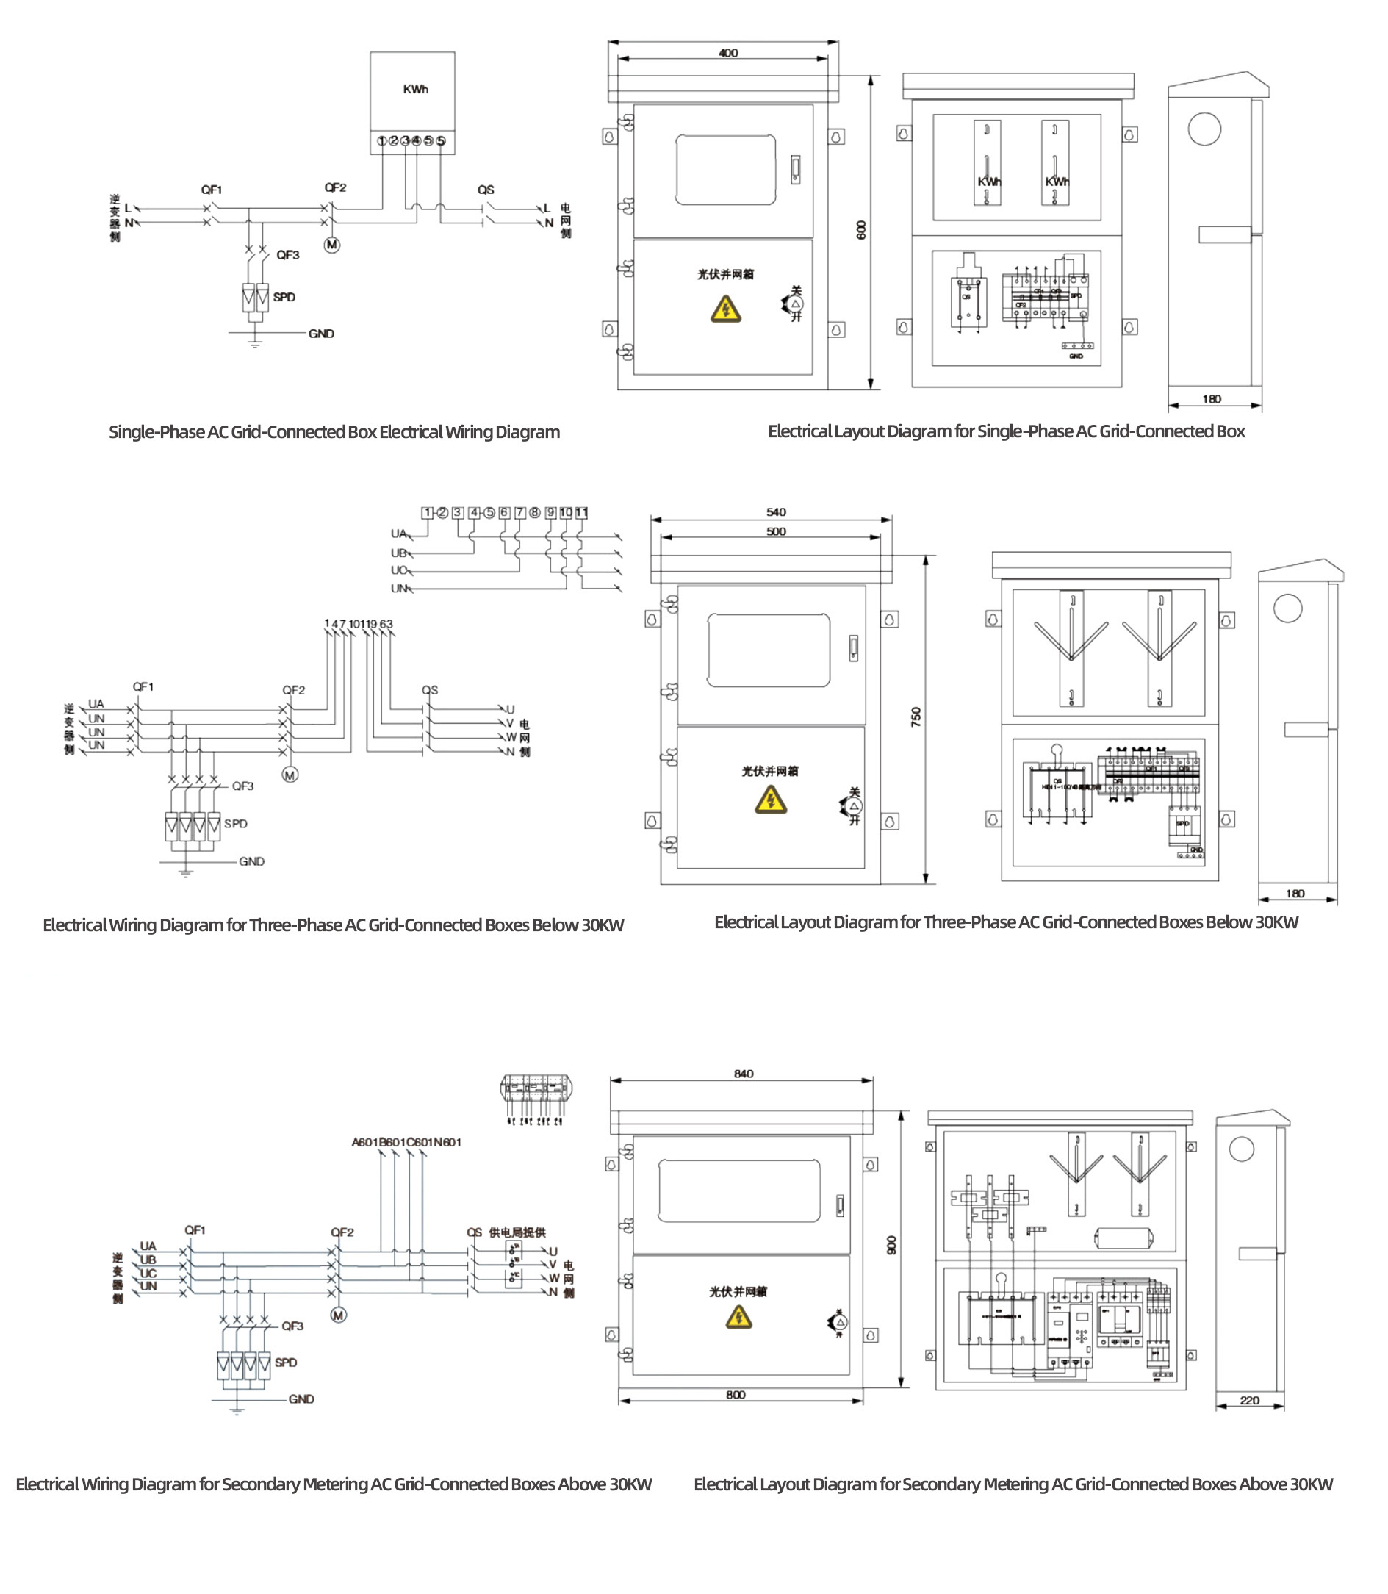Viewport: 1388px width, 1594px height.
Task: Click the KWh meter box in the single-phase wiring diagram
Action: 412,91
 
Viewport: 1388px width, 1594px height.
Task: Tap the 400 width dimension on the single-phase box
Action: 728,53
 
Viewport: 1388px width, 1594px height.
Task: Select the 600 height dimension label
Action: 861,229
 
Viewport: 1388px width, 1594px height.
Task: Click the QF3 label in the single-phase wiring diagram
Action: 287,255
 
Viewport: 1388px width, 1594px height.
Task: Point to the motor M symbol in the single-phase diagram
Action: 331,245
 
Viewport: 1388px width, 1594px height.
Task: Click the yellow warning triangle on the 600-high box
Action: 726,310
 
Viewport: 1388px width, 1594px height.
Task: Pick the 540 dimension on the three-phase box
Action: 775,512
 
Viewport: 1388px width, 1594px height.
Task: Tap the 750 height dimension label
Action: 916,717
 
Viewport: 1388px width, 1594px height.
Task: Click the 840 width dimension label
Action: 743,1074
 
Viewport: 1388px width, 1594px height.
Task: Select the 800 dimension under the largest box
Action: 736,1394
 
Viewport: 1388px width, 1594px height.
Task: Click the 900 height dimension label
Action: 891,1245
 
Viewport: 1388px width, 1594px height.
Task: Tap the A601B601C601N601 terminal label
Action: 406,1142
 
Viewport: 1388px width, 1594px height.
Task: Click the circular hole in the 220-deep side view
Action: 1242,1149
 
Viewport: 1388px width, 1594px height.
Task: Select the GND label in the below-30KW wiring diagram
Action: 251,861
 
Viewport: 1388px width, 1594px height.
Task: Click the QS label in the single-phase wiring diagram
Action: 486,190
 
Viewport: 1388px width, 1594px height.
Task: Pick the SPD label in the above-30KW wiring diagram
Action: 285,1363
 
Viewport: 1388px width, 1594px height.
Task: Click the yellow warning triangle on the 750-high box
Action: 771,800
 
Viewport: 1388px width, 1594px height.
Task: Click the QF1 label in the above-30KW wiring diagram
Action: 195,1230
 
